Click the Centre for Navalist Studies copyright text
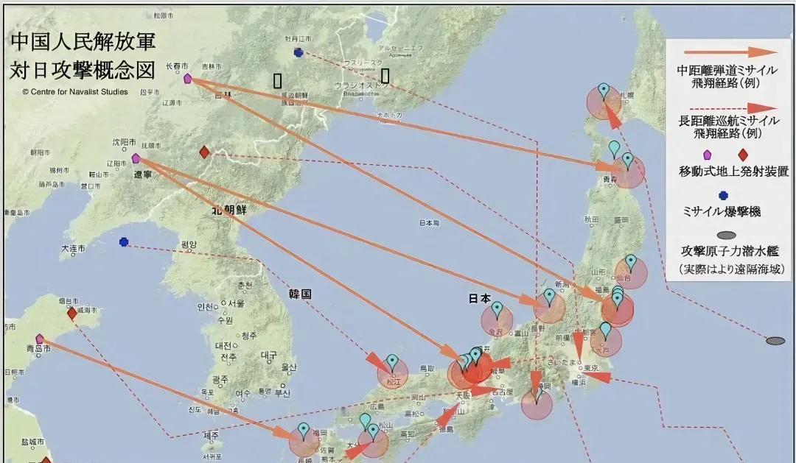[x=75, y=92]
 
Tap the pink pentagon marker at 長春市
[x=187, y=78]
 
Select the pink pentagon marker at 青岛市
[x=40, y=339]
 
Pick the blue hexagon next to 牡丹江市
[x=298, y=52]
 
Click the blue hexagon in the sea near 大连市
[x=124, y=241]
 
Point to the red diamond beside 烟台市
[x=71, y=314]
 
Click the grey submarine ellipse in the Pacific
[x=775, y=341]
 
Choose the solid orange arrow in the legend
[x=726, y=52]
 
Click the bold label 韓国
[x=301, y=293]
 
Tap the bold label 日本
[x=480, y=299]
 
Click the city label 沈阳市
[x=125, y=141]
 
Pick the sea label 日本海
[x=429, y=222]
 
